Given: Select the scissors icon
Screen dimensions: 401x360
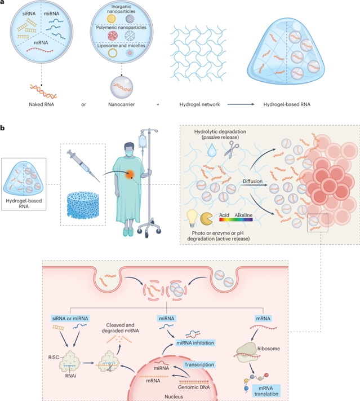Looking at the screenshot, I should tap(229, 149).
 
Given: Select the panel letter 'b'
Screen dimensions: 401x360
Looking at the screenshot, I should tap(5, 129).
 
